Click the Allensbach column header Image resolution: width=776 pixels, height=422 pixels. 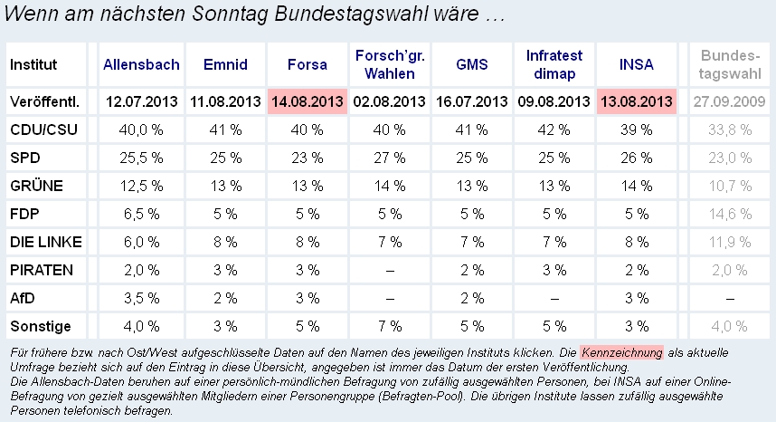[141, 65]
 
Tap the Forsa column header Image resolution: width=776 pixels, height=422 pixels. [307, 65]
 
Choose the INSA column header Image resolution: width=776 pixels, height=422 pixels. [636, 65]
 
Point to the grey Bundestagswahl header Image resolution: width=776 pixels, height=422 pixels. [728, 64]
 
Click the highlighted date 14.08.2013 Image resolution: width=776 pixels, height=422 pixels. [308, 101]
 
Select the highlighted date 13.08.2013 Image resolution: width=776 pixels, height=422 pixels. [636, 101]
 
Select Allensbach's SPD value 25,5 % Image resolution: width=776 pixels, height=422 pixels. [141, 158]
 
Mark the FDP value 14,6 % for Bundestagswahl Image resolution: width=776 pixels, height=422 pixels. [728, 214]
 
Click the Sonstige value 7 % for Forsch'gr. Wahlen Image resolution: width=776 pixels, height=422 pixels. [389, 326]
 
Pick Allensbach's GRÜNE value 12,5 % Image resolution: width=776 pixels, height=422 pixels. [141, 186]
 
